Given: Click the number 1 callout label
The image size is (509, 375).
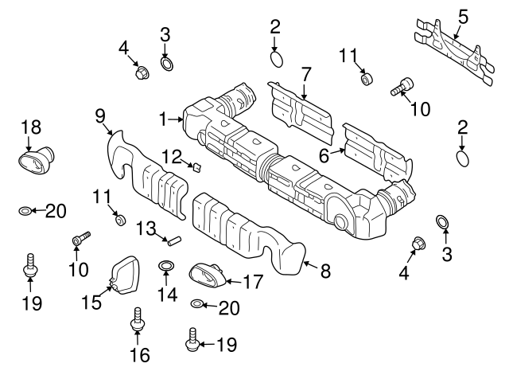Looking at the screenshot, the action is tap(163, 119).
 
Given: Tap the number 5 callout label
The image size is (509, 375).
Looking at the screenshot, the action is tap(463, 17).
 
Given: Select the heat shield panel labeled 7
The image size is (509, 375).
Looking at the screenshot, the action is tap(301, 111).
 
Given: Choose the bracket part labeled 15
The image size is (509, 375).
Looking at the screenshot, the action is tap(123, 275).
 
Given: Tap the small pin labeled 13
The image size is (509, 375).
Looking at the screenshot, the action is tap(173, 242).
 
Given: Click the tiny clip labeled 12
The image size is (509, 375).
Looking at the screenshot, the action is tap(197, 167).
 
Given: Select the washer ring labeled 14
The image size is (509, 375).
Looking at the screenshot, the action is tap(166, 266).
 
